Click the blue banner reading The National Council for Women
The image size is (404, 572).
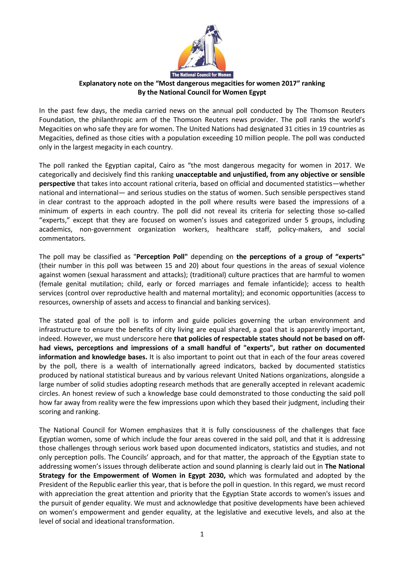click(x=202, y=75)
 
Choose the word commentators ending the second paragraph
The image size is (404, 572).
click(x=62, y=239)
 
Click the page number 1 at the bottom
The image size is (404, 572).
click(x=202, y=534)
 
